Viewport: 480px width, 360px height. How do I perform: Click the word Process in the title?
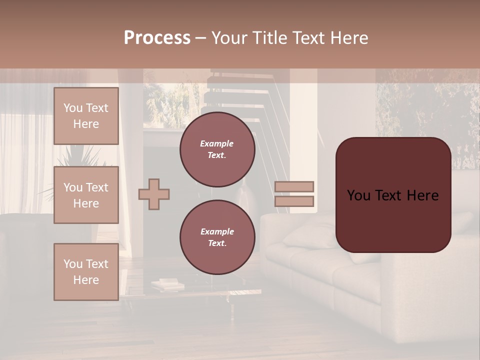click(157, 38)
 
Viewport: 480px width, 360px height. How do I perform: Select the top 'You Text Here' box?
click(86, 116)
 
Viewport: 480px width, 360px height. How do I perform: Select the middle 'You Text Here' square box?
click(86, 195)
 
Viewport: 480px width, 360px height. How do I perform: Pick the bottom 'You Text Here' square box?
click(86, 272)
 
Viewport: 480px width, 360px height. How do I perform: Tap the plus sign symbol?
click(154, 194)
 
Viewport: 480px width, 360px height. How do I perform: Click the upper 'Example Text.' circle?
click(217, 149)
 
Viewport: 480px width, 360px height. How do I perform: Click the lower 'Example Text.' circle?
click(217, 237)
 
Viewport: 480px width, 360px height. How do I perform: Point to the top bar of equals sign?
click(294, 186)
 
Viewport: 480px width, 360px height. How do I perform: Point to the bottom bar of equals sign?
click(294, 201)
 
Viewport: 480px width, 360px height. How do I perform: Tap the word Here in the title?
click(350, 38)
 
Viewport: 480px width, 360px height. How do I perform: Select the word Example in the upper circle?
click(216, 143)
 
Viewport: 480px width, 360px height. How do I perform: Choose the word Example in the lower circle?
click(216, 231)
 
